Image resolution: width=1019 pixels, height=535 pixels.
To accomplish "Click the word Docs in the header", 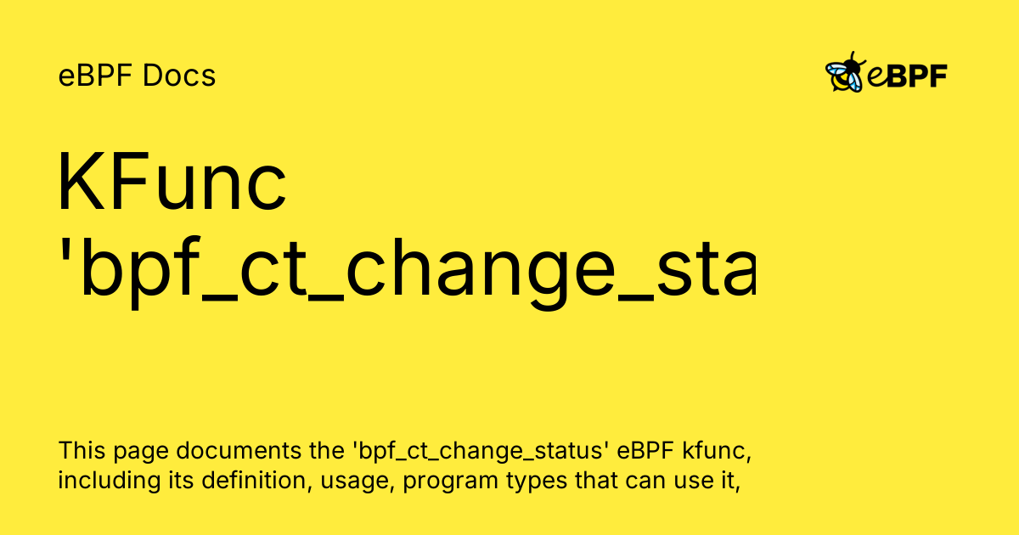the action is click(x=179, y=76).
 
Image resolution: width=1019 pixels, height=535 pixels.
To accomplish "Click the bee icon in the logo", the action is click(x=845, y=72).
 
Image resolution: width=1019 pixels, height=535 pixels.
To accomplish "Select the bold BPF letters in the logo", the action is click(x=916, y=76).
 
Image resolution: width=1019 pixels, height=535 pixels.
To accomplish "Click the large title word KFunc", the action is click(x=172, y=182).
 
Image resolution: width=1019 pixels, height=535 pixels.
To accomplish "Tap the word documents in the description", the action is click(x=239, y=450).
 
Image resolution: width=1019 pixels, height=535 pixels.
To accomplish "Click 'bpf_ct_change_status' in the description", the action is click(x=481, y=451).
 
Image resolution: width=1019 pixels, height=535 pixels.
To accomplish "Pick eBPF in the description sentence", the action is click(x=645, y=450).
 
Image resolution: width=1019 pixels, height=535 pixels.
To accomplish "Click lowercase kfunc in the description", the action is click(x=717, y=451).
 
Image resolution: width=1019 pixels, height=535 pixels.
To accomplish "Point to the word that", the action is click(x=595, y=481).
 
